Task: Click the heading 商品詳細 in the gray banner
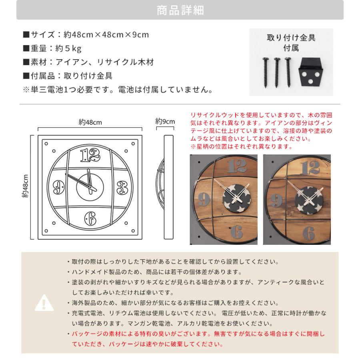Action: (x=180, y=10)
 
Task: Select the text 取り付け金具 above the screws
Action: (x=291, y=38)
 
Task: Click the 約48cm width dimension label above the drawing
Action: (x=90, y=122)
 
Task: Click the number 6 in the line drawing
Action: (x=90, y=218)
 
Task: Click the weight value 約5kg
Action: (x=68, y=49)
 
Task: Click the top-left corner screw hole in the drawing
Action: (x=46, y=144)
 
